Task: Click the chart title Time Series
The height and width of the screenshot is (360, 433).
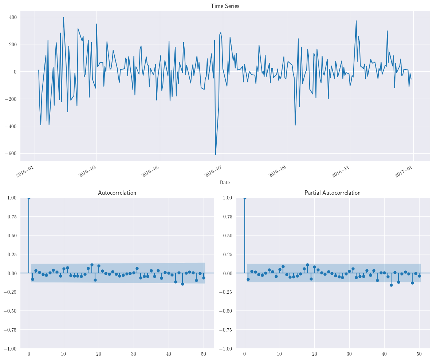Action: [225, 6]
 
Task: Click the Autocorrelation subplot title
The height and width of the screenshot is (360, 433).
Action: [117, 193]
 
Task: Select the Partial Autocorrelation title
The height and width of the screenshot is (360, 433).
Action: [332, 193]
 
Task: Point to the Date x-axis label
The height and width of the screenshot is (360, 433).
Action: [225, 182]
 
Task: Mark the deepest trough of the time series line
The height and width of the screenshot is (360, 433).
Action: [216, 155]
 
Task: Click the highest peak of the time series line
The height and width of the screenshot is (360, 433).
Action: [63, 17]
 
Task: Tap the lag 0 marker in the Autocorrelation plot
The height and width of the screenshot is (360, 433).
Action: [29, 198]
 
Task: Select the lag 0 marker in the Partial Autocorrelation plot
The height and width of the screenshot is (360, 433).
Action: [245, 198]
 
